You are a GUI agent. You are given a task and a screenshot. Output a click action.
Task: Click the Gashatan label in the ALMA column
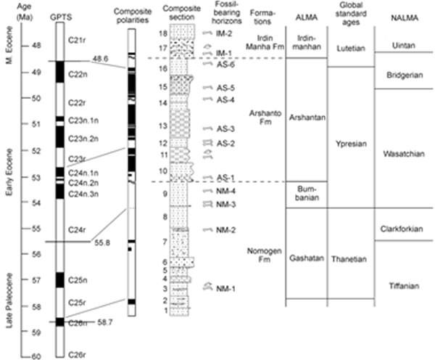[x=304, y=258]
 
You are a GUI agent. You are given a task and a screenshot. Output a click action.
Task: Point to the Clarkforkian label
[x=402, y=229]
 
